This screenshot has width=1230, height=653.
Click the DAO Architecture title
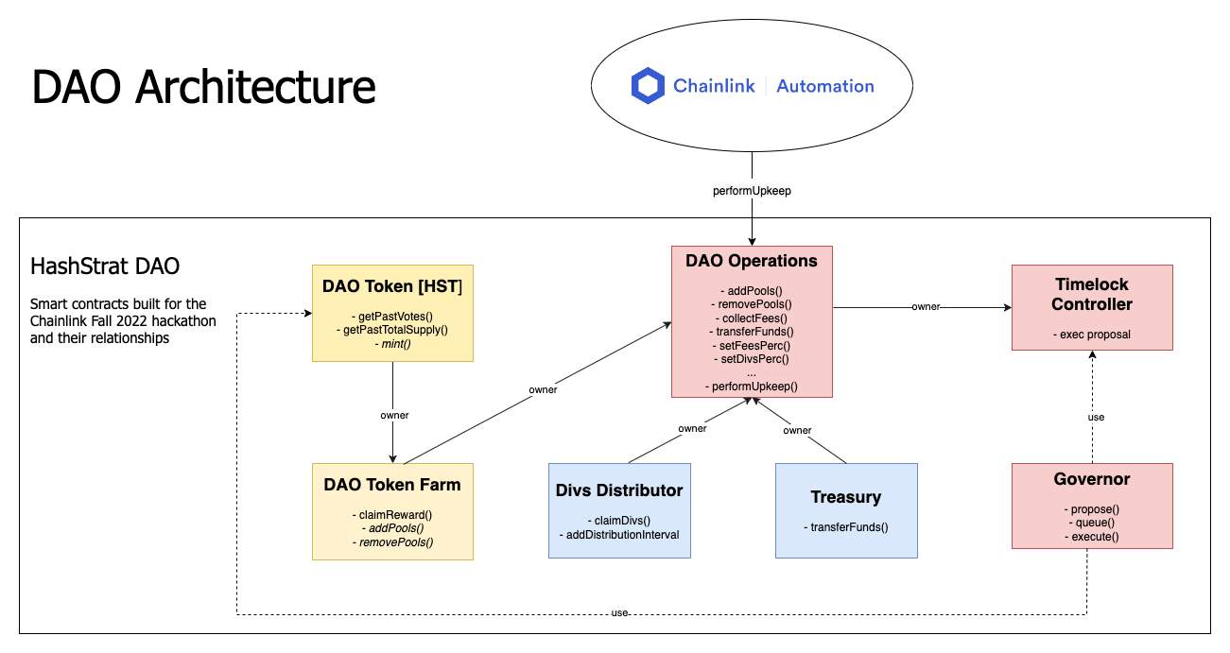coord(203,87)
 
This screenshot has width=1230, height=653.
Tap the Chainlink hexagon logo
coord(649,86)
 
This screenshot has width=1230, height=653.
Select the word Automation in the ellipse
coord(824,86)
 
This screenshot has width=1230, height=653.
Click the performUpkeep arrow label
coord(752,190)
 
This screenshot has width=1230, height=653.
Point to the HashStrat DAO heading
coord(105,266)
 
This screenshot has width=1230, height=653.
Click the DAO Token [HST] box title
coord(392,285)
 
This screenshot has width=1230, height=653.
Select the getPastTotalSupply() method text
coord(392,329)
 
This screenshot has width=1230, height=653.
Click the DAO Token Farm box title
coord(392,485)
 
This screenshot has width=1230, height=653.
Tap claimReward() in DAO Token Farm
coord(392,514)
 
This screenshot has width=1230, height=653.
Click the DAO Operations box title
coord(752,261)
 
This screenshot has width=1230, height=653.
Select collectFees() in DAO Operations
coord(752,318)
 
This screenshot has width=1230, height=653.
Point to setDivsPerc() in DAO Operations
coord(752,358)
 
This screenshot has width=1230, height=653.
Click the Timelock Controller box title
coord(1092,294)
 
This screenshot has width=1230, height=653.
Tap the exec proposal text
coord(1092,335)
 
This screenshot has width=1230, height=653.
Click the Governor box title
coord(1092,479)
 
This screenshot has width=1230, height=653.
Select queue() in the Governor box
coord(1092,523)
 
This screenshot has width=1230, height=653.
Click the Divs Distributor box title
coord(619,490)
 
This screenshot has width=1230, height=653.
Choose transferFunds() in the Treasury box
coord(846,527)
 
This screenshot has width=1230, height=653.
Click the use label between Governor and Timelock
coord(1095,417)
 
